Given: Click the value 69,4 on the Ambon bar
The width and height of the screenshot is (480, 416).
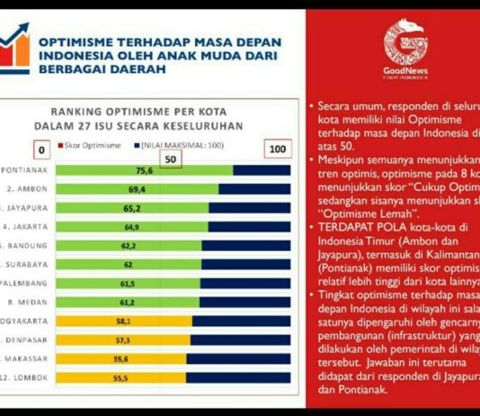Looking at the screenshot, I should [137, 190].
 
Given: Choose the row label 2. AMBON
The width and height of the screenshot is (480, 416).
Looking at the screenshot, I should [24, 190].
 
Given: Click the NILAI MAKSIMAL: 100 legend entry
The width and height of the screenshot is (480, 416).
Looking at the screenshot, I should [181, 145].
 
